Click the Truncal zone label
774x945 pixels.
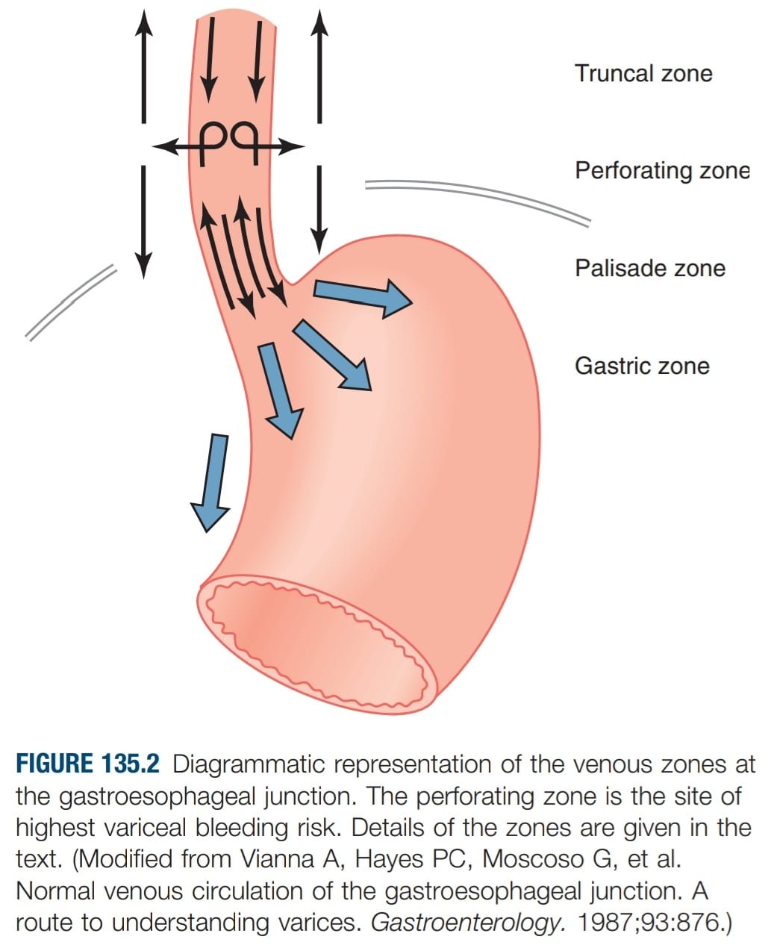point(643,73)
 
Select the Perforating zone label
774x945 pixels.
point(662,171)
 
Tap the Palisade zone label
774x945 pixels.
point(650,269)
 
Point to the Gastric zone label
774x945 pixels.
point(642,366)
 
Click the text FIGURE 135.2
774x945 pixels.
point(88,763)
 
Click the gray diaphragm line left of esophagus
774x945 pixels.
point(71,302)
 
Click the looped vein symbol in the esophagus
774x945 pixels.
point(229,143)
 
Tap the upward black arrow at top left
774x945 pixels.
point(143,66)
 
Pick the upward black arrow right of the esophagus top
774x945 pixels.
point(319,66)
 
